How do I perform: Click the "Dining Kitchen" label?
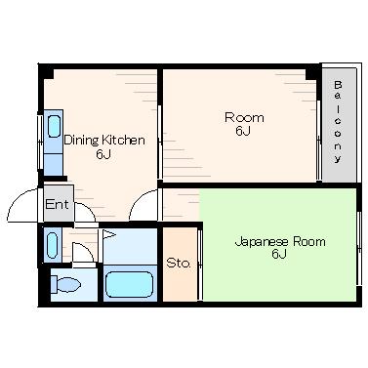coord(104,141)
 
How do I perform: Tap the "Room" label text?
coord(244,117)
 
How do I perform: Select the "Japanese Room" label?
coord(280,242)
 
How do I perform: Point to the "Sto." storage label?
coord(178,263)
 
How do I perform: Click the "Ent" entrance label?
coord(57,204)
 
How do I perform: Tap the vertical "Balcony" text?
coord(338,121)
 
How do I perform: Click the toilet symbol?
coord(65,285)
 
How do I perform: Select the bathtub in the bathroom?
coord(130,284)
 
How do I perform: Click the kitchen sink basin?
coord(54,126)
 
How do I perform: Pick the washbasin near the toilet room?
coord(53,245)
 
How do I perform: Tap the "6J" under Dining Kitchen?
coord(103,154)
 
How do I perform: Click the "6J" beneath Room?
coord(243,131)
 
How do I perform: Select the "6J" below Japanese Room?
coord(279,254)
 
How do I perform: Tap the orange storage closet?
coord(180,264)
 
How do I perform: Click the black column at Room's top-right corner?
coord(311,73)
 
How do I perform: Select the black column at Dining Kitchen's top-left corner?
coord(46,71)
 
